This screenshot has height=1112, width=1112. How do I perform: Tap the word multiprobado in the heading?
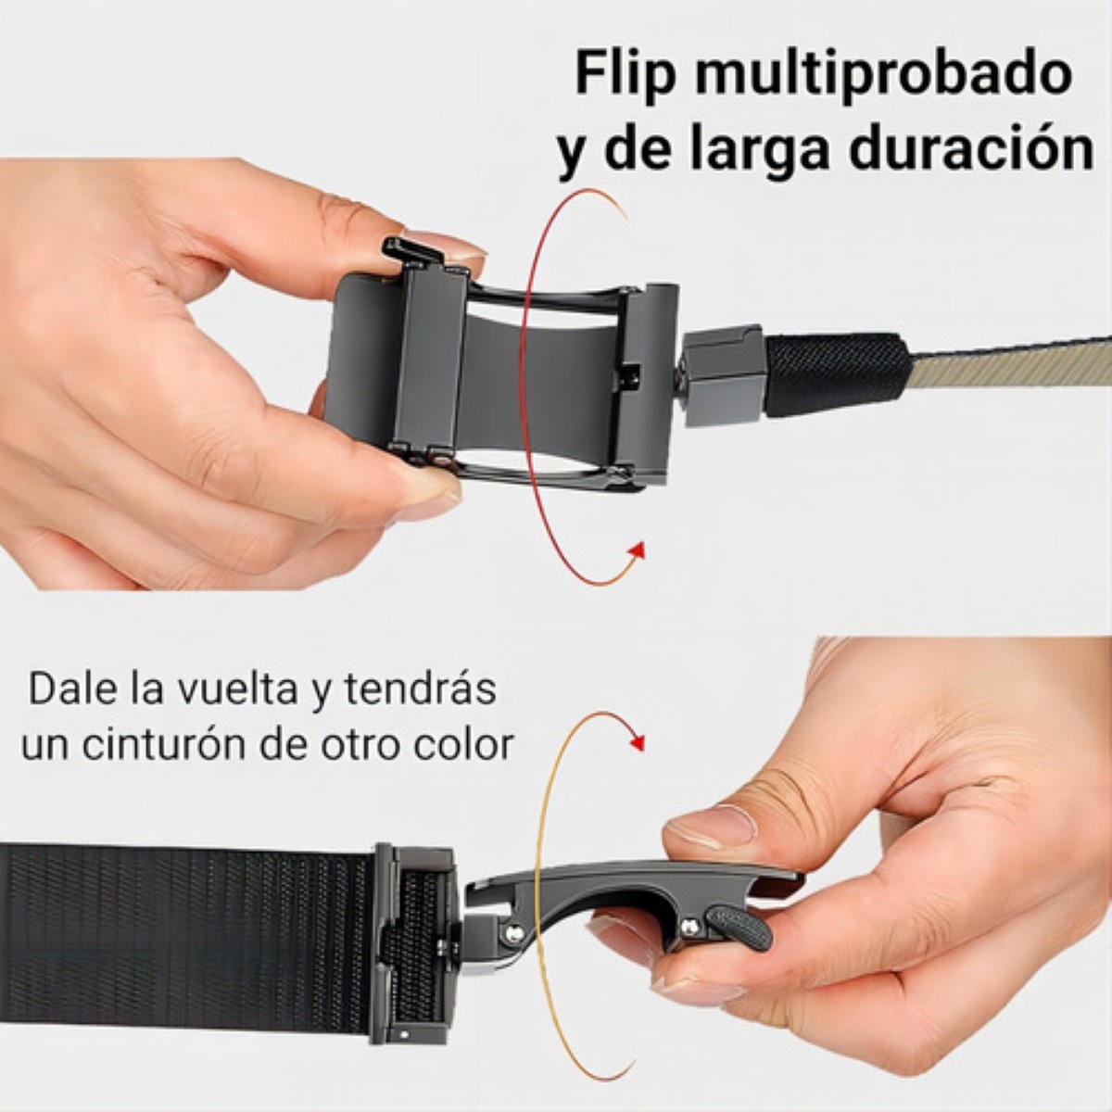click(x=883, y=74)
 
